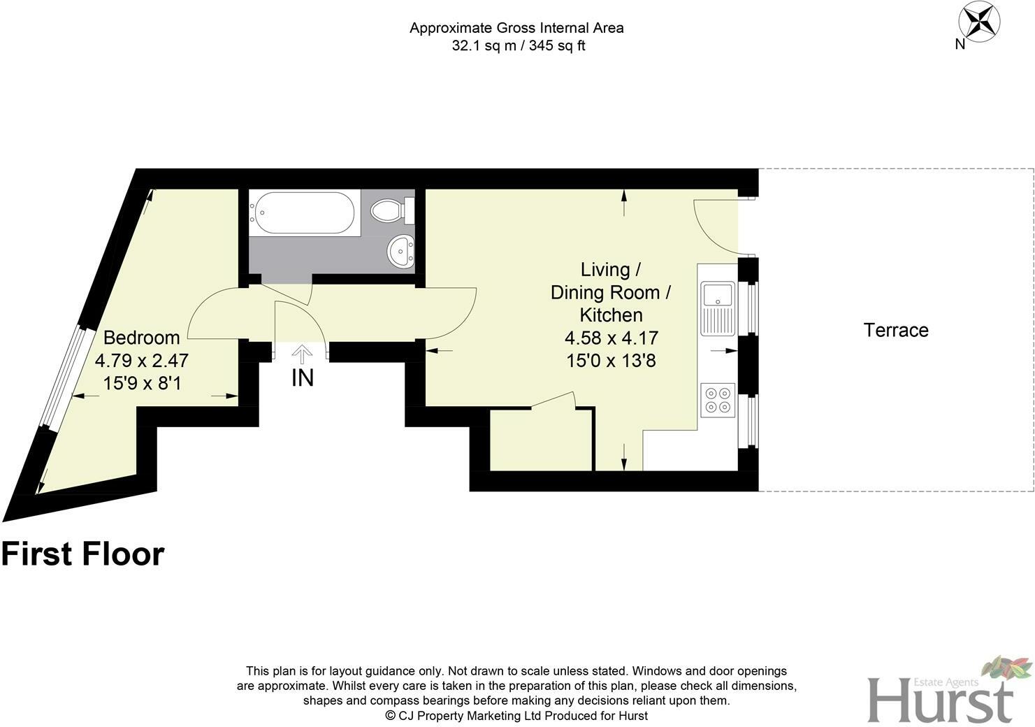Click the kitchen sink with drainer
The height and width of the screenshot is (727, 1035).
(718, 308)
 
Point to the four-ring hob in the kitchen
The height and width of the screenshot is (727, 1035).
(718, 399)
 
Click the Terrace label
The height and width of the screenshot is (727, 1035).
(896, 330)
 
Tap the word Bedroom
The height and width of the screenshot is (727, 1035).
(141, 338)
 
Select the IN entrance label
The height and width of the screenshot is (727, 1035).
(302, 378)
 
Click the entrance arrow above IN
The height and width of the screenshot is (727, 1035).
(302, 354)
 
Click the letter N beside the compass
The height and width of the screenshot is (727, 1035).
(960, 44)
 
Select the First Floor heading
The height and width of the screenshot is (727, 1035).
(82, 554)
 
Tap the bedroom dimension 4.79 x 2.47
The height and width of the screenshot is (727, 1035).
(141, 361)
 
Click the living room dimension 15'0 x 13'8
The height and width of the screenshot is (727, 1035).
(611, 361)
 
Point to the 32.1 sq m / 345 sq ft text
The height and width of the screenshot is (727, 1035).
(518, 46)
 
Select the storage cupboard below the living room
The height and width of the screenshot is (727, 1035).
(540, 440)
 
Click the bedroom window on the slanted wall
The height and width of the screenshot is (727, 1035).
(63, 377)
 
